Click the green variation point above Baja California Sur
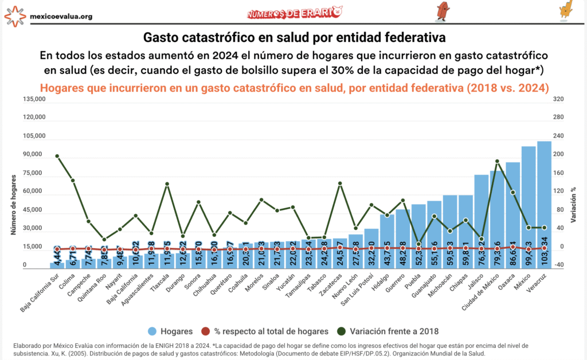click(57, 156)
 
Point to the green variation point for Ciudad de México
click(497, 161)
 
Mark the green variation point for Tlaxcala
click(167, 184)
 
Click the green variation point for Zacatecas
click(340, 183)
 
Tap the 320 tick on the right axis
click(559, 99)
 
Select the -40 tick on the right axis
click(559, 265)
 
